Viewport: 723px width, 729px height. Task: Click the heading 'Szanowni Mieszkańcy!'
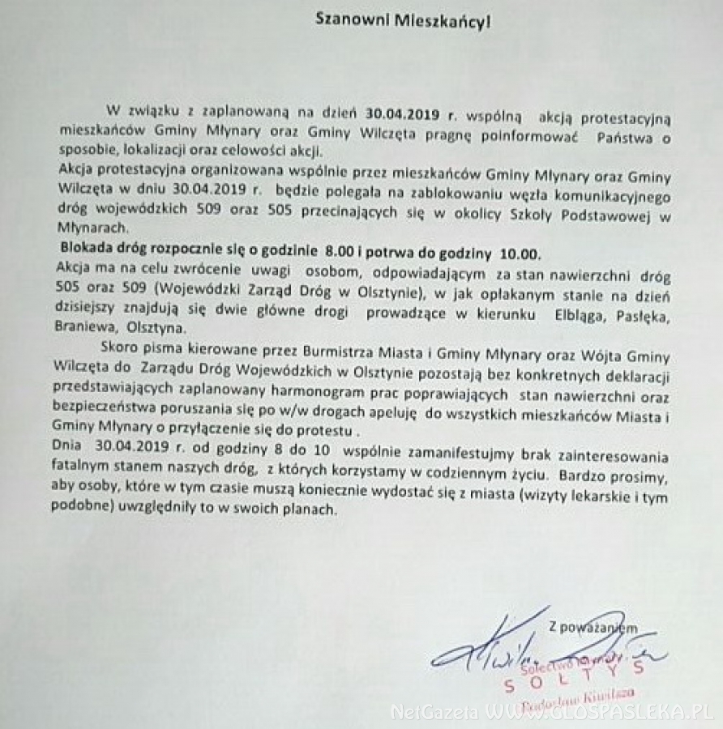[403, 20]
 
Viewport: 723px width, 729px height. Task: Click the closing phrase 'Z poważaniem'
[591, 626]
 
